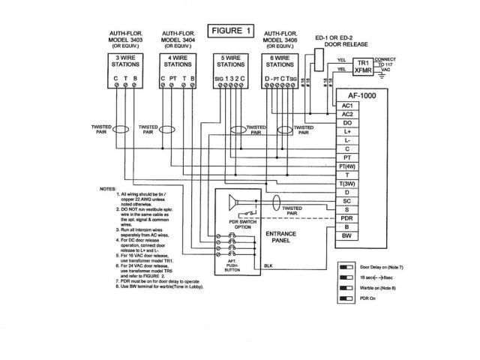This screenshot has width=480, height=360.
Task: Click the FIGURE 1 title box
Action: click(233, 31)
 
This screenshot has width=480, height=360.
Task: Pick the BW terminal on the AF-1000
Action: click(346, 236)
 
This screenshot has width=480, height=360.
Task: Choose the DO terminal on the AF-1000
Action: click(346, 122)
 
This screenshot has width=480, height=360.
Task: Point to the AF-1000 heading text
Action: click(367, 94)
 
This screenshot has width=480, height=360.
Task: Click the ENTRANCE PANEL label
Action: click(280, 237)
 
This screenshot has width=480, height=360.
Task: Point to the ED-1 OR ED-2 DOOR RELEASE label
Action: click(334, 39)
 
